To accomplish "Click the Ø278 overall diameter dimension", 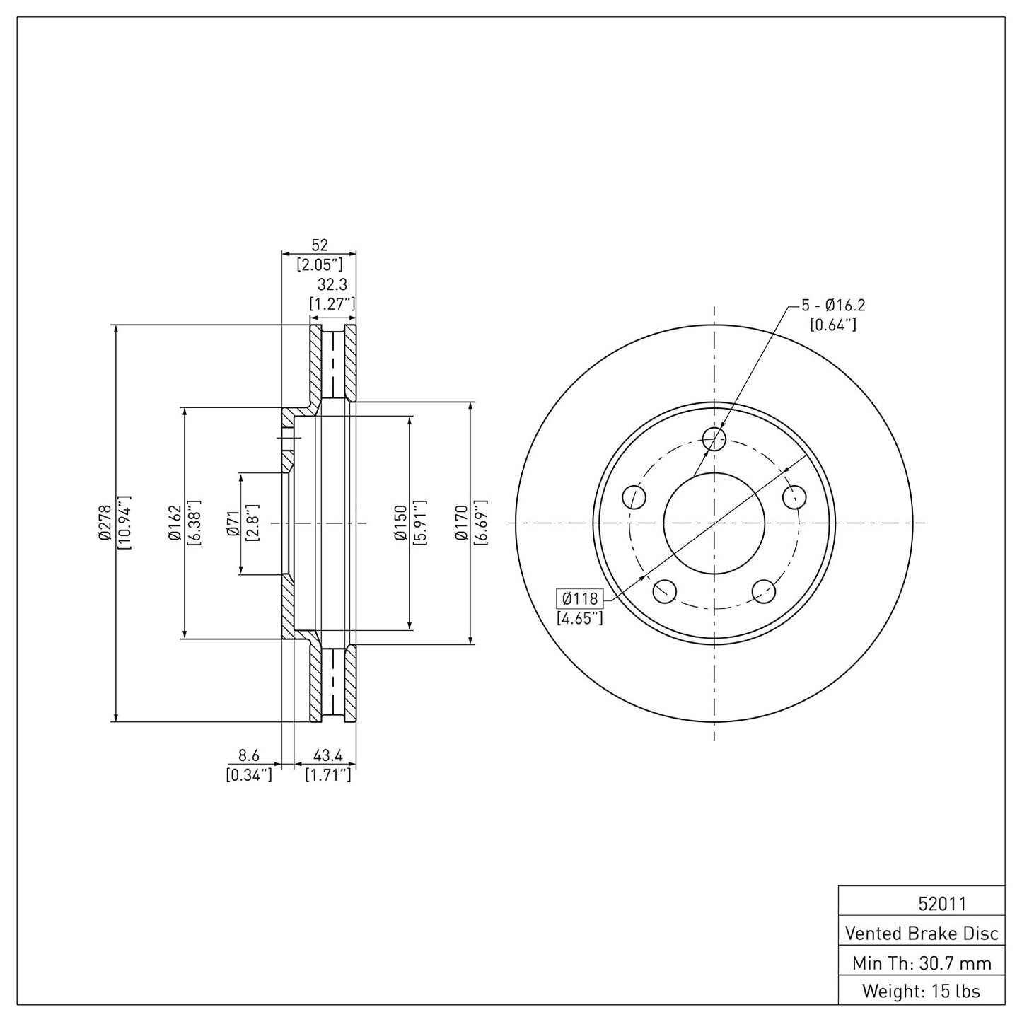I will [x=105, y=523].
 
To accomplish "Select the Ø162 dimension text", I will [x=175, y=523].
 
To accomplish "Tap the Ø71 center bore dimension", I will [x=231, y=523].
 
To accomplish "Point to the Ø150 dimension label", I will [x=400, y=523].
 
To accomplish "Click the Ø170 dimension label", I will [x=461, y=523].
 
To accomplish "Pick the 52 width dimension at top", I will [x=320, y=245].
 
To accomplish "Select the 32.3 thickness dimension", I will [x=332, y=285].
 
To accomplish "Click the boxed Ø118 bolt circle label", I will [x=579, y=598].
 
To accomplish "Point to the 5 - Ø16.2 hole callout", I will [x=832, y=306].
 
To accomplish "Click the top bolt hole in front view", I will [x=714, y=439].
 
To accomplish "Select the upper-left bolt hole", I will [x=634, y=497].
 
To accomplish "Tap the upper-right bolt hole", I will [x=795, y=497].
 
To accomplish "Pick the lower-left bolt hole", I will [x=665, y=591].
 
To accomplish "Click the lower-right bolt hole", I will [x=764, y=591].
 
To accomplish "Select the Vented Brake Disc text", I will [x=922, y=933].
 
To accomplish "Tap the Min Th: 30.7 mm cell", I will [x=922, y=963].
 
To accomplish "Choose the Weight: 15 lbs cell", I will [x=922, y=991].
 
